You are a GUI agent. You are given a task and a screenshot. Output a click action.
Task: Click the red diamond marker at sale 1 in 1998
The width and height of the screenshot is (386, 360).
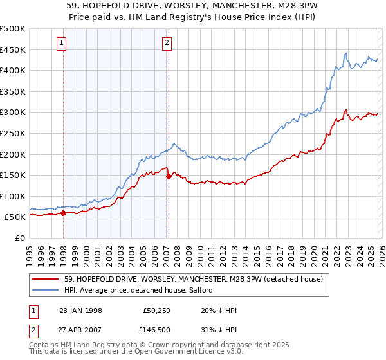pos(64,213)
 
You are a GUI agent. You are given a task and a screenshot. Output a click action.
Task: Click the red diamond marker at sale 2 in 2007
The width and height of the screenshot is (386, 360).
pos(169,176)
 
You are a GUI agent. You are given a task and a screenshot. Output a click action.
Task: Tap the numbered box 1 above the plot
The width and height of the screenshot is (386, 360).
pos(61,43)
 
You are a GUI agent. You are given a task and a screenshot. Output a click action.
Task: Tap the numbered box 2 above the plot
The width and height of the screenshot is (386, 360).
pos(167,43)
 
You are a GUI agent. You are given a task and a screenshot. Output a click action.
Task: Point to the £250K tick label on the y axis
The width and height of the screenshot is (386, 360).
pos(13,133)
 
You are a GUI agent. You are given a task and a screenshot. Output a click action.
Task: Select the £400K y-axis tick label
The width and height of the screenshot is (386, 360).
pos(13,70)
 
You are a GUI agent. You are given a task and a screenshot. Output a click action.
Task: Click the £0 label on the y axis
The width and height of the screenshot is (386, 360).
pos(20,238)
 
